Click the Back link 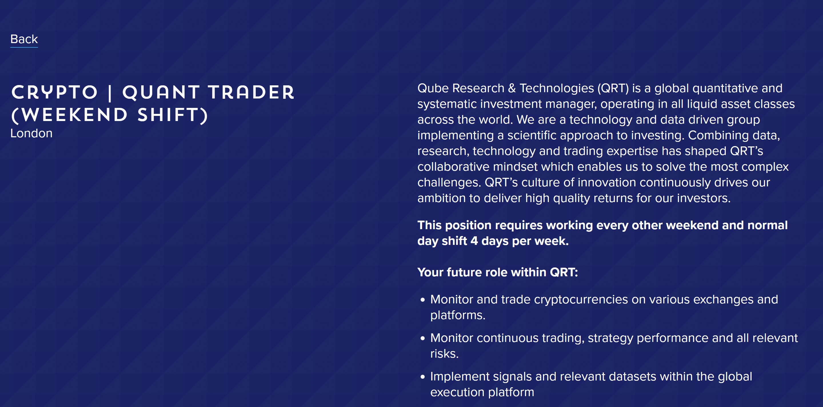(24, 39)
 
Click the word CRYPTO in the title (55, 92)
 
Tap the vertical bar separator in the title (110, 92)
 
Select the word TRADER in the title (251, 92)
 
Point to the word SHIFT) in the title (173, 115)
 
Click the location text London (31, 134)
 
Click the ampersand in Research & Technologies (512, 88)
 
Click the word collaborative (453, 167)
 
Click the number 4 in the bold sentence (474, 241)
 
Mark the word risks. (444, 354)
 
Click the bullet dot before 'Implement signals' (423, 377)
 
